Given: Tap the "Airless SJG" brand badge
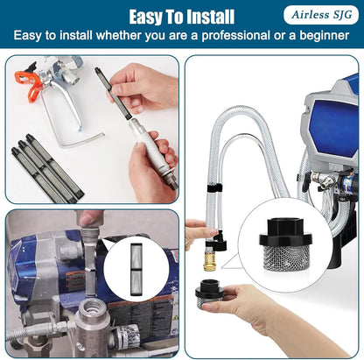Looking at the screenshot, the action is [x=321, y=15].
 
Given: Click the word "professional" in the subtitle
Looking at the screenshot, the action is [x=235, y=36].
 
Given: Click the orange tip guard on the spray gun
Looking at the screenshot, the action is [x=31, y=82].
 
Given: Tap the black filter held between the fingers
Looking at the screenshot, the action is [x=113, y=93].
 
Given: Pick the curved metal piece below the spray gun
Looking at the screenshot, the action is [x=80, y=141].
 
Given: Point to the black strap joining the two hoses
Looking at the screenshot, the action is [x=214, y=188].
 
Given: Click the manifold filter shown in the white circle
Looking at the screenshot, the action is [x=136, y=268].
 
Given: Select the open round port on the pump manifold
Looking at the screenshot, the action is [x=93, y=308].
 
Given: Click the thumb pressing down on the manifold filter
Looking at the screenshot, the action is [x=89, y=218].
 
